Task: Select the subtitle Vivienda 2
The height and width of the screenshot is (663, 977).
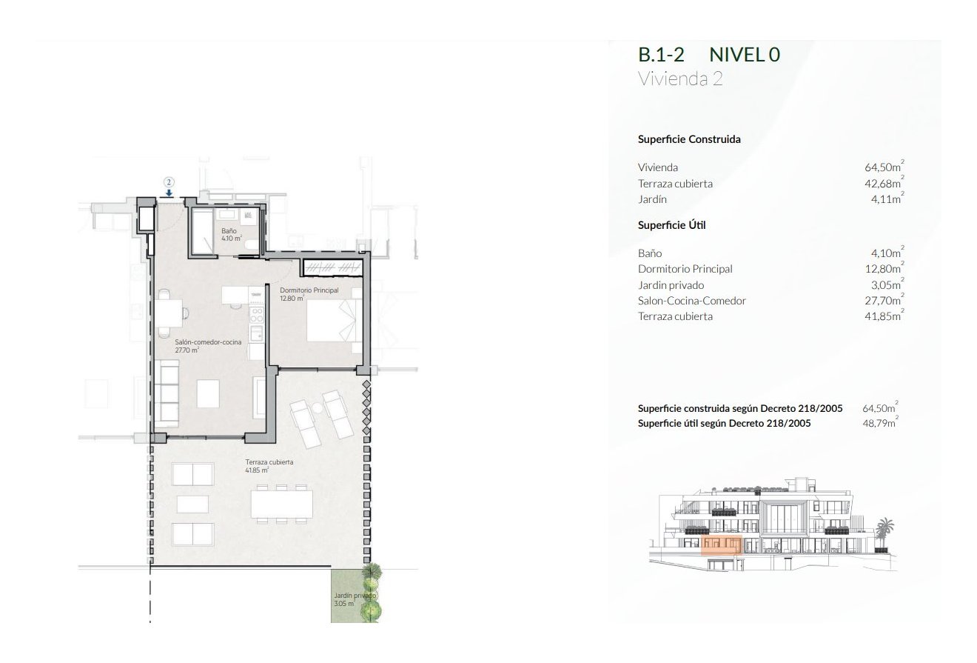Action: [x=679, y=80]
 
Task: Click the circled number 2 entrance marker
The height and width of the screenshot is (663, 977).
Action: [x=169, y=181]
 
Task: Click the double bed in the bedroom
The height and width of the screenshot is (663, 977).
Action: [x=333, y=321]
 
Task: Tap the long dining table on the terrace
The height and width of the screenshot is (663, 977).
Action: [x=281, y=504]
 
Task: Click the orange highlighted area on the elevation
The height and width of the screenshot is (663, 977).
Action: [x=721, y=545]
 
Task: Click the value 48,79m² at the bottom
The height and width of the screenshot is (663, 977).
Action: [x=880, y=424]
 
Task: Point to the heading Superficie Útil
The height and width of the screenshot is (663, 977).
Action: [x=671, y=225]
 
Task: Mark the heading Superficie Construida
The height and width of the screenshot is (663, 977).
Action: [x=689, y=139]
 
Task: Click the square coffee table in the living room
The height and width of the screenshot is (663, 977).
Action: [x=208, y=391]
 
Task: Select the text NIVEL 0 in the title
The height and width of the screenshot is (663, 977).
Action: [x=744, y=56]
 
